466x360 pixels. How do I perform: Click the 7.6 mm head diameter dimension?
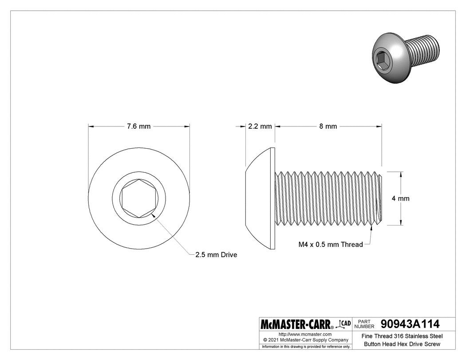pos(139,127)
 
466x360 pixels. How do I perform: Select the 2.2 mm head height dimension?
pos(260,127)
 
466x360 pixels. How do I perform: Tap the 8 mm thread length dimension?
pos(328,127)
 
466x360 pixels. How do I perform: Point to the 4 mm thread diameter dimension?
pos(400,198)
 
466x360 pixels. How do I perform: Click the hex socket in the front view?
pos(139,198)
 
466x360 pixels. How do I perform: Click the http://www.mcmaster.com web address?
pos(305,334)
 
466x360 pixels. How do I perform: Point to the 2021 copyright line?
pos(305,340)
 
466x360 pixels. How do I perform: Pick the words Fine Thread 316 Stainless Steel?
pos(402,336)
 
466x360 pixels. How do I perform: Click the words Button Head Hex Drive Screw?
pos(402,344)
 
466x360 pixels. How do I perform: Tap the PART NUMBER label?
pos(365,324)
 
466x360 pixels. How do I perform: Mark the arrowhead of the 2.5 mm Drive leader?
pos(153,215)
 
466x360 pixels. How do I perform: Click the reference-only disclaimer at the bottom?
pos(305,346)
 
